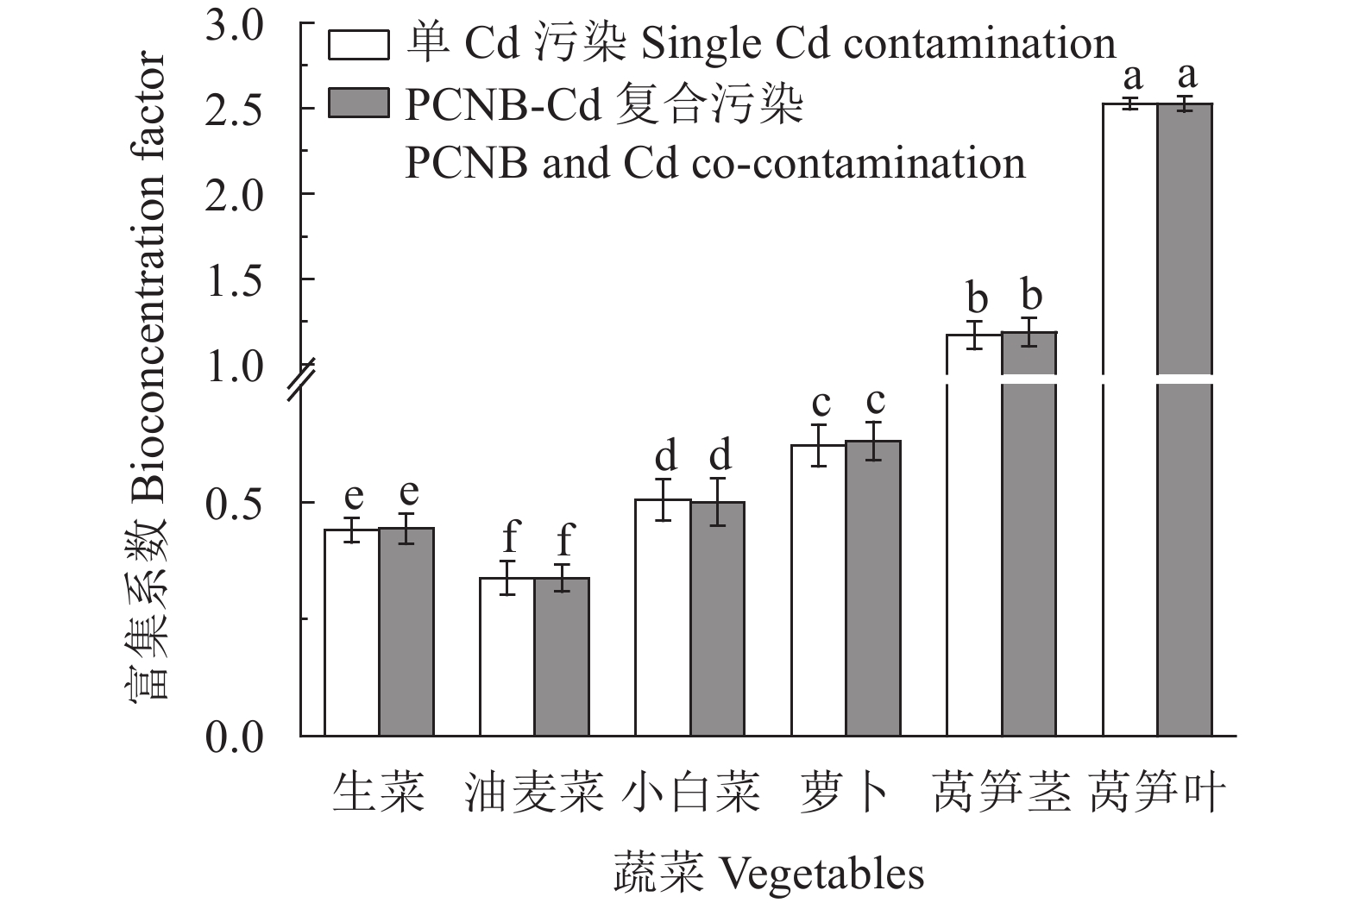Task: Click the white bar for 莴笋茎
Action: coord(974,535)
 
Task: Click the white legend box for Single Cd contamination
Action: coord(358,46)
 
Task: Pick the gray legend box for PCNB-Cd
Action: coord(358,103)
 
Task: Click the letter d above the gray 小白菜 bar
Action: coord(718,455)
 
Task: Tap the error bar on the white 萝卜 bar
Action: coord(818,445)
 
